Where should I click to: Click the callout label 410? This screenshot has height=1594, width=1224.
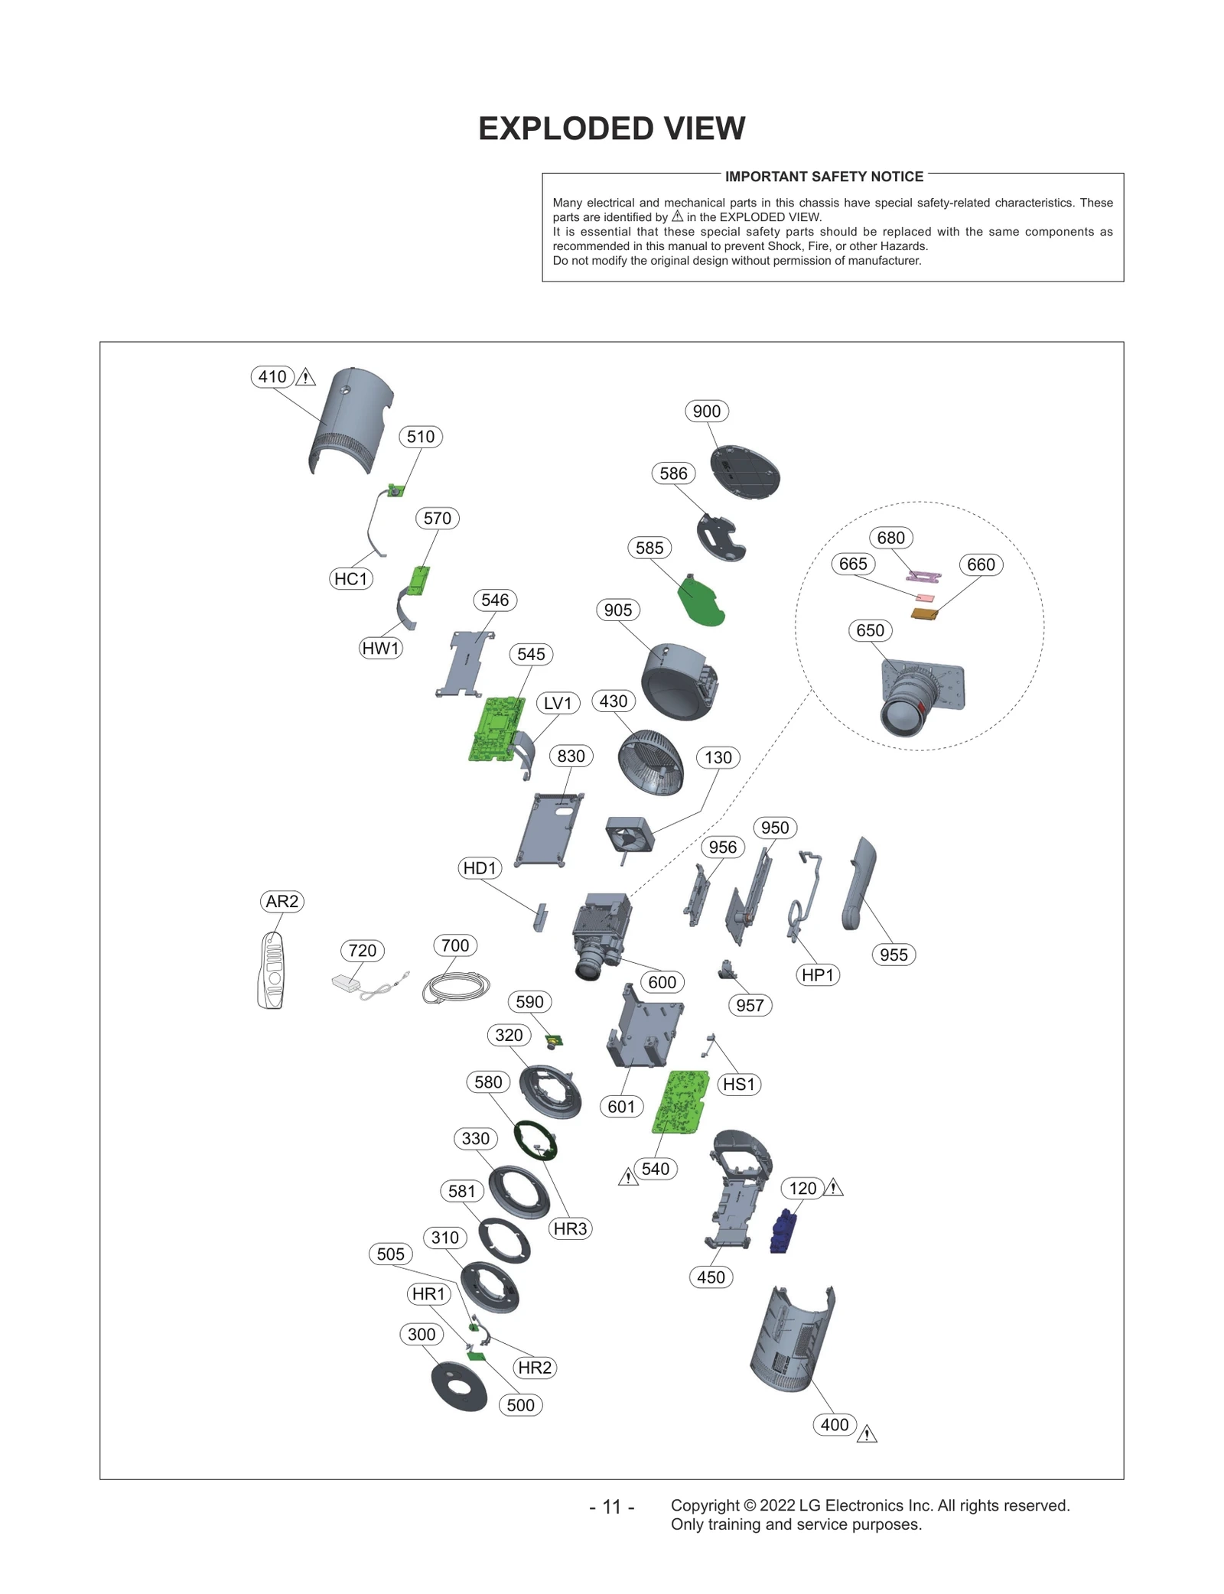(272, 376)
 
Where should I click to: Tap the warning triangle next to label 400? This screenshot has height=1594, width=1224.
(867, 1434)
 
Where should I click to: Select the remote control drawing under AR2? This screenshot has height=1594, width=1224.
(272, 970)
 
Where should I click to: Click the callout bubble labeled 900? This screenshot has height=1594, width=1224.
(706, 411)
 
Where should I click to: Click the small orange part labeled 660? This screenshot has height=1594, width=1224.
(924, 613)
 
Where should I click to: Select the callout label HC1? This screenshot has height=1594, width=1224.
(351, 578)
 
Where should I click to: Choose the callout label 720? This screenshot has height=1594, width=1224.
(362, 950)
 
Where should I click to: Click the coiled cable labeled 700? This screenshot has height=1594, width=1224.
(455, 987)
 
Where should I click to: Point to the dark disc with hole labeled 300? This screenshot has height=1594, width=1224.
(458, 1386)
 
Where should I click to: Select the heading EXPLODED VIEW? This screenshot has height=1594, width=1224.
(611, 128)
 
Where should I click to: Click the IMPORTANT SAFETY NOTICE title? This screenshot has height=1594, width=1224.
(824, 177)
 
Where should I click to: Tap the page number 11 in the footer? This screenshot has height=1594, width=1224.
(611, 1506)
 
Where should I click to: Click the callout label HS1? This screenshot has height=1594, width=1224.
(738, 1084)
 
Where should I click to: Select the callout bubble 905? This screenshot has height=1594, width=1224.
(617, 610)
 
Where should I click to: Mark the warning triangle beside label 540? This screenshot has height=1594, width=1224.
(628, 1177)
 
